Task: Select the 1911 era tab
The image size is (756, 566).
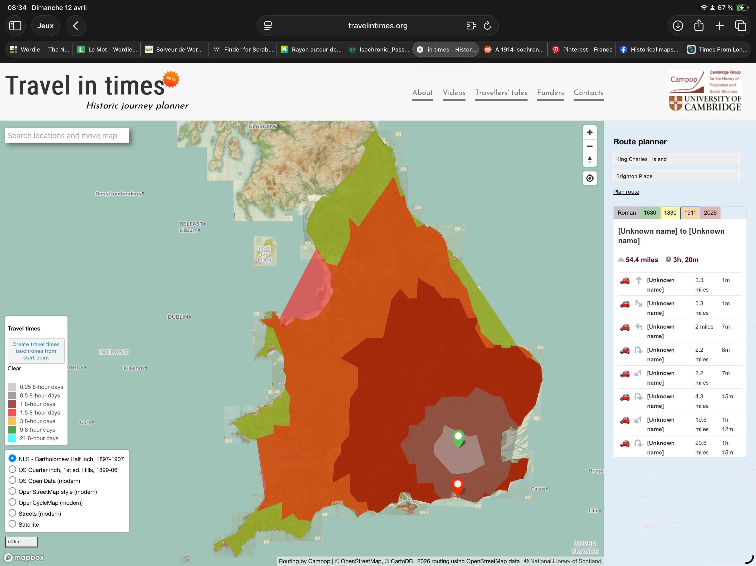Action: click(690, 213)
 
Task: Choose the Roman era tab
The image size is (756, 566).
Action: click(626, 213)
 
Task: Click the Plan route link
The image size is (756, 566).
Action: click(626, 192)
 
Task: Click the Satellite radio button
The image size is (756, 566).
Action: click(12, 524)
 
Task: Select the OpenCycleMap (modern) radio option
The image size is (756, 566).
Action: click(12, 502)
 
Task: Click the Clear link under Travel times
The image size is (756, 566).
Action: click(14, 368)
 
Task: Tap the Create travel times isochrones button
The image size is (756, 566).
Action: click(36, 351)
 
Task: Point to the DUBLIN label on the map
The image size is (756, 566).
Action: click(178, 317)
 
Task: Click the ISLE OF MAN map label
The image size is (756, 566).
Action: click(265, 254)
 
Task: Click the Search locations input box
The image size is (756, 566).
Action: click(67, 136)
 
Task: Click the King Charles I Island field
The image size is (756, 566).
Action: click(676, 159)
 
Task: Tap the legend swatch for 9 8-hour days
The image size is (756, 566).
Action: click(12, 429)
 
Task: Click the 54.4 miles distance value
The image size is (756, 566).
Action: click(641, 260)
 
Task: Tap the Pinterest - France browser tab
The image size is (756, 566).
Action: click(583, 49)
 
